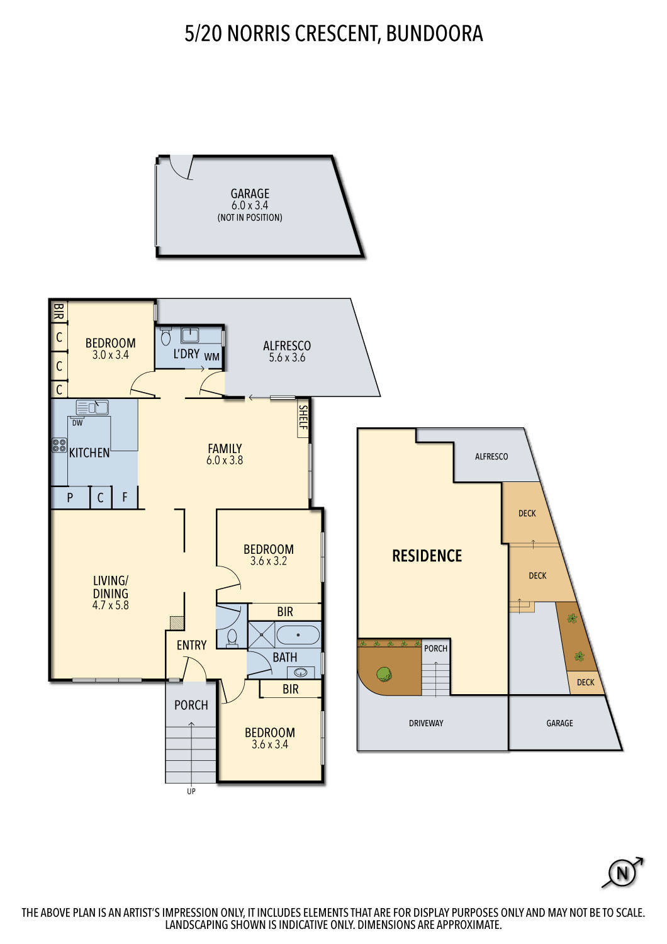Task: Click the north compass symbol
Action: pos(622,873)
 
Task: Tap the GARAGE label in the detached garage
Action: pos(250,194)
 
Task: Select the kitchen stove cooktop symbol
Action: pos(59,446)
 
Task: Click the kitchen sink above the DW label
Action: pos(92,408)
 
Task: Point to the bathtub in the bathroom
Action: pos(298,635)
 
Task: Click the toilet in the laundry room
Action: pos(166,336)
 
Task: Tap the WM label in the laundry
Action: pos(212,357)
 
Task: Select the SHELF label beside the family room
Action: pos(303,417)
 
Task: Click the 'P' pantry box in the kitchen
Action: pos(70,497)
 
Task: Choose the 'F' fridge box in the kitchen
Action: pos(125,497)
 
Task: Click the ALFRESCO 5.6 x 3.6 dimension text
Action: pos(287,357)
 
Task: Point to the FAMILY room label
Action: pos(225,449)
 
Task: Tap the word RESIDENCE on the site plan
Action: pos(427,556)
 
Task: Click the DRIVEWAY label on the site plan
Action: pos(426,723)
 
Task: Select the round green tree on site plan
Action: pos(383,675)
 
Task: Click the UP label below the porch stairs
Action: pos(191,791)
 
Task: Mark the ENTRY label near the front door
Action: pos(191,645)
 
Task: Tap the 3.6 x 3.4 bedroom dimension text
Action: pos(269,745)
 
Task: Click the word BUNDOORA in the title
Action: pos(434,33)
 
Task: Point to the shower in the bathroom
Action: pos(261,635)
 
